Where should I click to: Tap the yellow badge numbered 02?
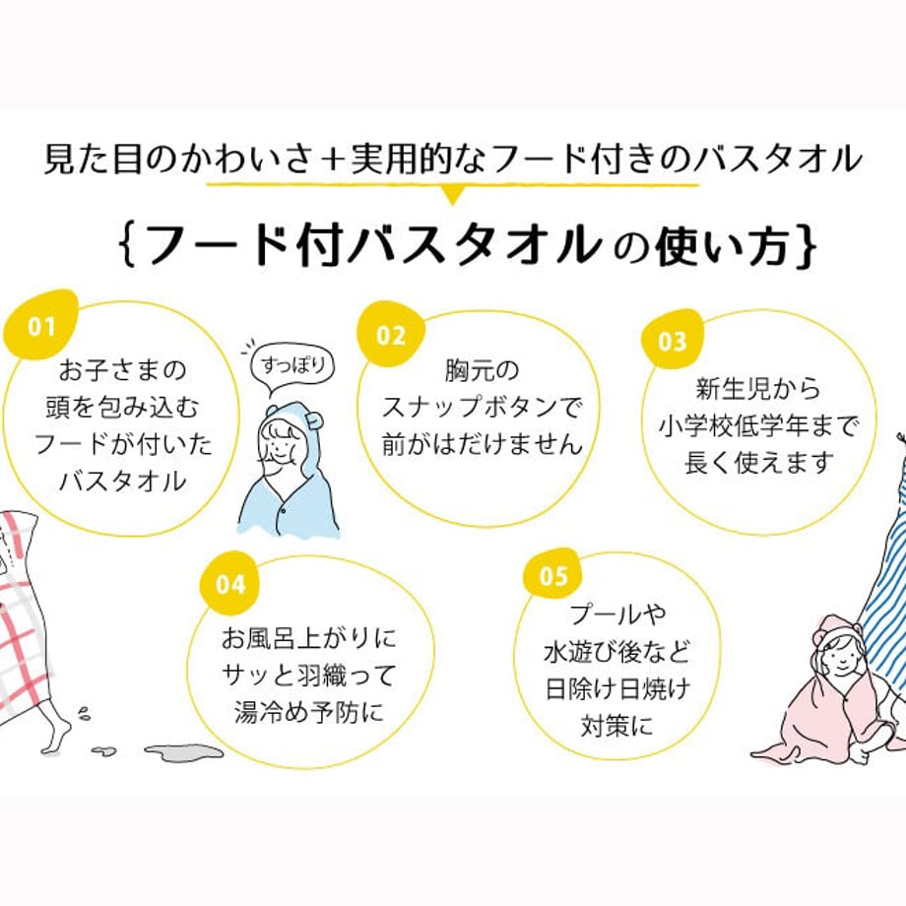tap(390, 335)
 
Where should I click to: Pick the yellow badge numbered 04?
tap(229, 584)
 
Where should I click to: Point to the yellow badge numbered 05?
tap(552, 576)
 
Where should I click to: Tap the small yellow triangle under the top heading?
tap(452, 194)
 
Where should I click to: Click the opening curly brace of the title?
tap(126, 246)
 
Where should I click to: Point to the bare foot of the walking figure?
tap(56, 735)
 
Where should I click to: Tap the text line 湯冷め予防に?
tap(309, 709)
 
